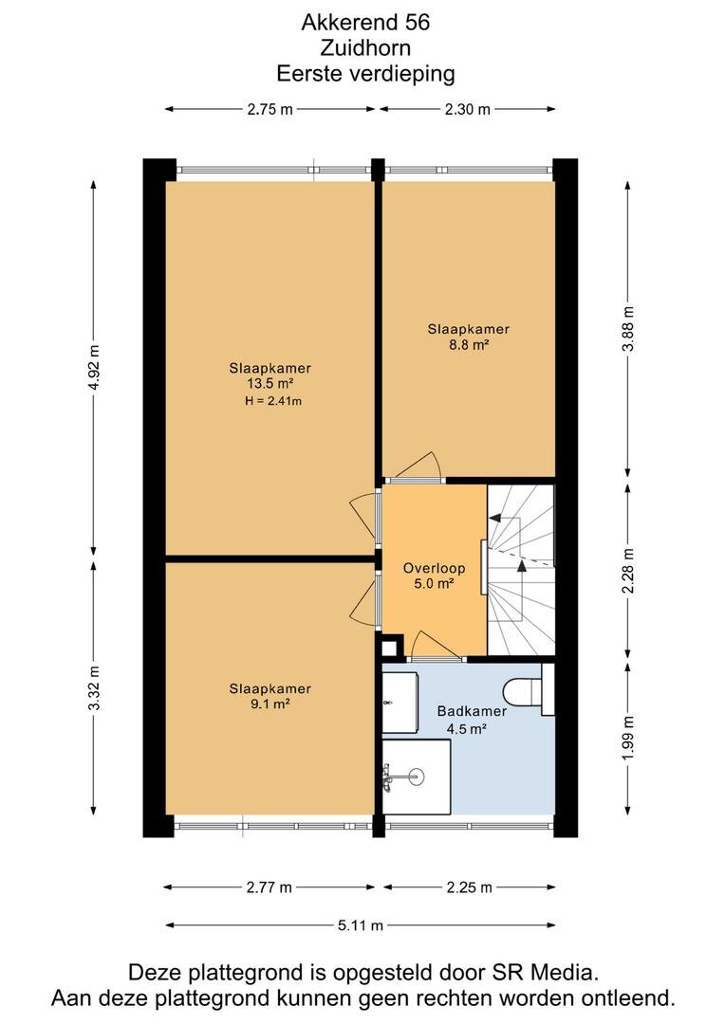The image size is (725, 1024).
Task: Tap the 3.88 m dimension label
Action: (628, 328)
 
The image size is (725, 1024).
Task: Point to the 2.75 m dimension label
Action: (270, 109)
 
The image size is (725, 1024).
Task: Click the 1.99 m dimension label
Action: (628, 738)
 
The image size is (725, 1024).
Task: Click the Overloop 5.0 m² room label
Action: (434, 576)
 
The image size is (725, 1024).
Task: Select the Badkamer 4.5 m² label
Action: (472, 720)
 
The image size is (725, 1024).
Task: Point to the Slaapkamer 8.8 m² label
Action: (468, 337)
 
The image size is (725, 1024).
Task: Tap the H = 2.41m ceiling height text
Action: (273, 401)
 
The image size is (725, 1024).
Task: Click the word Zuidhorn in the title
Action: (365, 47)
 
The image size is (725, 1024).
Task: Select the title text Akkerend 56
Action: (365, 22)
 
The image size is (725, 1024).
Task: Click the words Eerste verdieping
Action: (365, 73)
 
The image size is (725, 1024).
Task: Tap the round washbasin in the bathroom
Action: (415, 777)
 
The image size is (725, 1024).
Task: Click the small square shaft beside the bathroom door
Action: (390, 649)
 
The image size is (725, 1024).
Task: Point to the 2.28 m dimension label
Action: (628, 570)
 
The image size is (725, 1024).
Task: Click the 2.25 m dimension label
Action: (470, 887)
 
